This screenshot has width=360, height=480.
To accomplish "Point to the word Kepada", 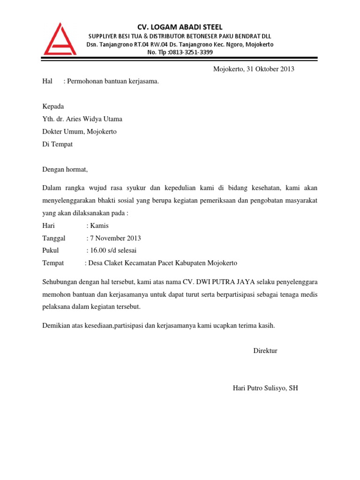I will pyautogui.click(x=53, y=107).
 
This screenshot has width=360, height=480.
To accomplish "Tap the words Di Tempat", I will pyautogui.click(x=58, y=144).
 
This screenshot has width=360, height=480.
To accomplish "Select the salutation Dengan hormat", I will pyautogui.click(x=65, y=170).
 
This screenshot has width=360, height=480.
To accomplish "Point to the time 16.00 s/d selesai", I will pyautogui.click(x=113, y=250).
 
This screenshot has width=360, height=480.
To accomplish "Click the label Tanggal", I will pyautogui.click(x=54, y=238).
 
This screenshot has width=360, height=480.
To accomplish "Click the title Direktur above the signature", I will pyautogui.click(x=265, y=351).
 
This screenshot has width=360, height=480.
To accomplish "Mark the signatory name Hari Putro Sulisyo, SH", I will pyautogui.click(x=265, y=388).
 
